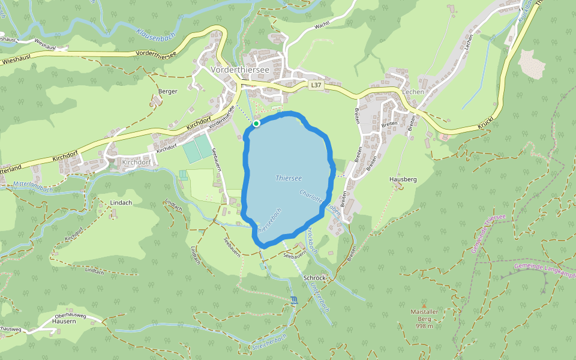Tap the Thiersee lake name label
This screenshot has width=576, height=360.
click(289, 178)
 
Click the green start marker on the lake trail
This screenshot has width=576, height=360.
click(256, 124)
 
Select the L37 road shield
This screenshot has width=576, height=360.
click(316, 86)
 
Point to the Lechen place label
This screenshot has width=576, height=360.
click(413, 92)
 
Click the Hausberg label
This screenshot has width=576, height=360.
click(403, 179)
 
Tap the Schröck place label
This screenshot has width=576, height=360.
click(314, 278)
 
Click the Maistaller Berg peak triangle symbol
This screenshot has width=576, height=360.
click(424, 305)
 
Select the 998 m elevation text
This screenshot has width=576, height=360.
click(424, 326)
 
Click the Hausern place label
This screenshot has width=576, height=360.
click(64, 321)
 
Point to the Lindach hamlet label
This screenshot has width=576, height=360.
click(121, 203)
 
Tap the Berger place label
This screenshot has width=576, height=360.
click(168, 91)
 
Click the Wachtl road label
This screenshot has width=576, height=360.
click(322, 25)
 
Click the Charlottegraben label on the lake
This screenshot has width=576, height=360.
click(319, 203)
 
